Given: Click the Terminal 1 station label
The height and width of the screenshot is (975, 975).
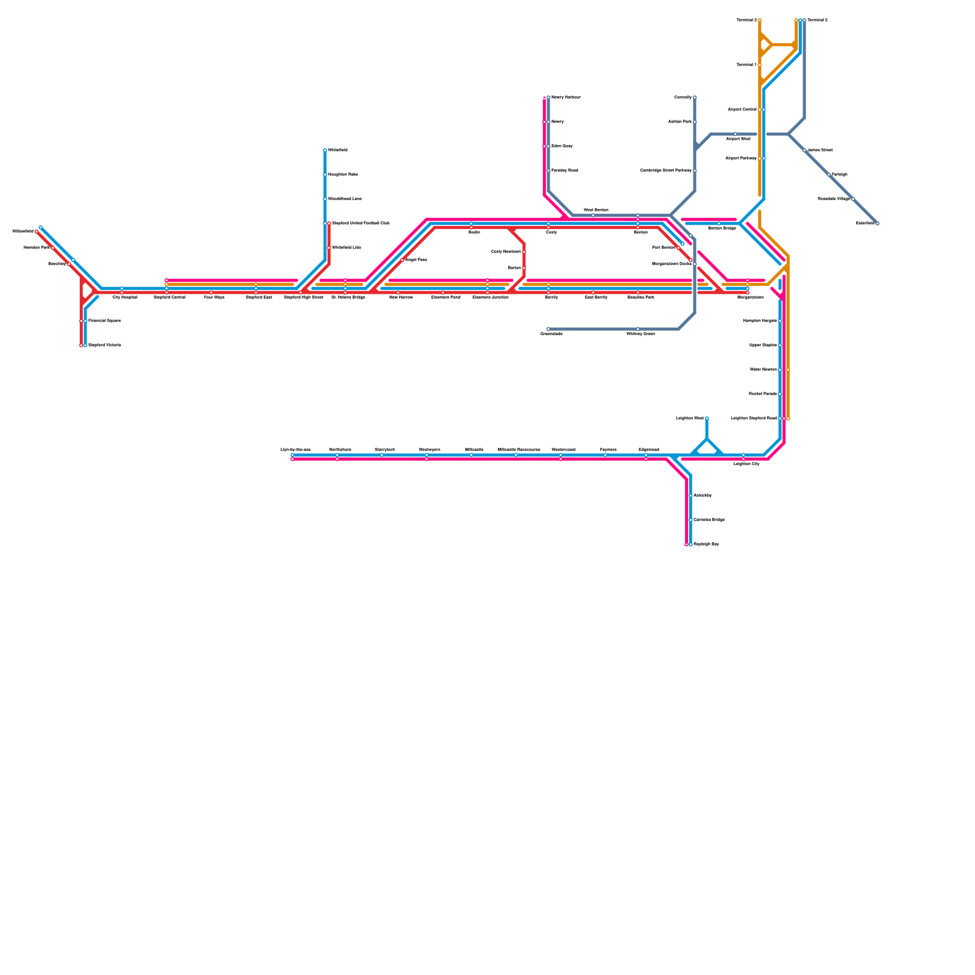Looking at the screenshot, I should point(746,65).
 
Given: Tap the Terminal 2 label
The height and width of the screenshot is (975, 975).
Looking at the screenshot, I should point(818,20).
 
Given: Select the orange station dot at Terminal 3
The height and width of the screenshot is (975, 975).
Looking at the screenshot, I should point(759,20).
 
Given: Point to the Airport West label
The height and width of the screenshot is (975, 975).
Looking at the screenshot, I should point(738,139).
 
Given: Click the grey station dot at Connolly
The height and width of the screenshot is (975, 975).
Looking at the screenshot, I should point(695,97).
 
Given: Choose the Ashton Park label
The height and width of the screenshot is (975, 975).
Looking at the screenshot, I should point(679,122).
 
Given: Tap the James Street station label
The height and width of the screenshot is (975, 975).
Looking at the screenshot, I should point(820,150).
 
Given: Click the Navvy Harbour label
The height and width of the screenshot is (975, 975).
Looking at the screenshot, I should point(566,97).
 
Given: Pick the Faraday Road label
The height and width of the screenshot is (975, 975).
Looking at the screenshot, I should point(565,171).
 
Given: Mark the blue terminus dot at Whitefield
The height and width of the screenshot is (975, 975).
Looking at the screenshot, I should point(325,150).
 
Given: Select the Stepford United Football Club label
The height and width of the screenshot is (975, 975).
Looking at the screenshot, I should point(361,223).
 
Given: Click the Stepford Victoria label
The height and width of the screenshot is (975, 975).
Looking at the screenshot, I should point(105,345).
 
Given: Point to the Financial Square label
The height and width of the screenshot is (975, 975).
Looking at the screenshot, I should point(105,321).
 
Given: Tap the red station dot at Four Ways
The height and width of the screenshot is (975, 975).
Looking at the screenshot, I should point(211,292).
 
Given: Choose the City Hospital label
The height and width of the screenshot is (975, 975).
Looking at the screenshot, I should point(125,297).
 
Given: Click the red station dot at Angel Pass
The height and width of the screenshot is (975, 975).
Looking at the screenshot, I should point(402,260).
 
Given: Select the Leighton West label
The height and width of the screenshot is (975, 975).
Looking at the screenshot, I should point(690,418).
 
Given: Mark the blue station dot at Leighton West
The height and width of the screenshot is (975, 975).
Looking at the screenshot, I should point(707,418).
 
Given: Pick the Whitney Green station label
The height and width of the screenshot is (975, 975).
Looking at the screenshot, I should point(640,334).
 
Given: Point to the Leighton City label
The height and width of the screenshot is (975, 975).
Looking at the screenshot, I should point(746,464).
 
